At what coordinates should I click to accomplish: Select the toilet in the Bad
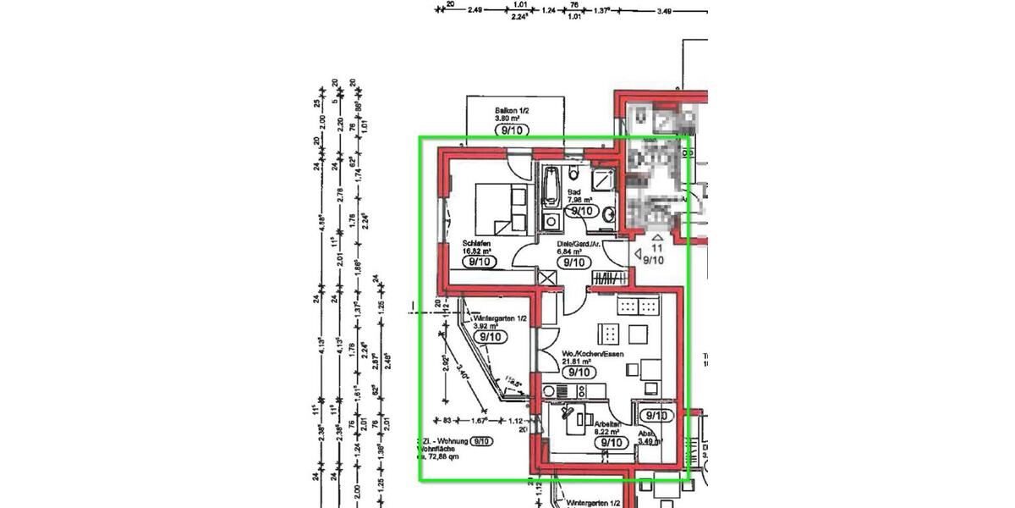574,175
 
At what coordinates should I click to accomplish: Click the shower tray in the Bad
604,179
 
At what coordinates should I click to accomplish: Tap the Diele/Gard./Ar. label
579,243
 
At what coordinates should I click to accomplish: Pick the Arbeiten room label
609,423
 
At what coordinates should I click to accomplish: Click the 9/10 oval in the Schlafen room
480,262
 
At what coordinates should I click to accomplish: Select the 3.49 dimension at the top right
665,11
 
